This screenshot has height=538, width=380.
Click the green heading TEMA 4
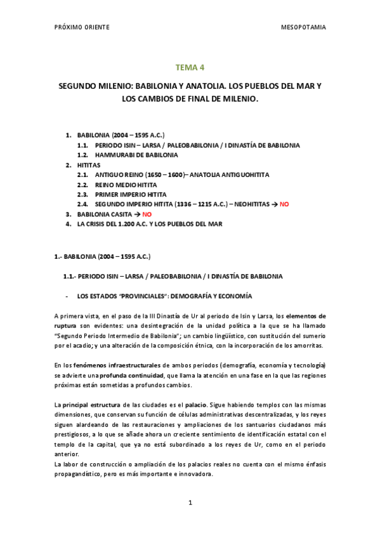(x=190, y=67)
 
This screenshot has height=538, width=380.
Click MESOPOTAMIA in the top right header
(x=303, y=27)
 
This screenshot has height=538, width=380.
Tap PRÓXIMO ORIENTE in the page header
(x=82, y=27)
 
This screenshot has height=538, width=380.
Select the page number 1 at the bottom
(x=190, y=502)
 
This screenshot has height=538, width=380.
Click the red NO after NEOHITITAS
(x=284, y=204)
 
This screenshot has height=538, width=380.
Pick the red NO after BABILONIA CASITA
(x=147, y=214)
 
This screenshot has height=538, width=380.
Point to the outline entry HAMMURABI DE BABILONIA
(x=136, y=155)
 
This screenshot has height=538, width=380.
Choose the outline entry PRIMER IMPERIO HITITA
(x=131, y=195)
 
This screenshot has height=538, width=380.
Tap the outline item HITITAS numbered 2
(x=89, y=165)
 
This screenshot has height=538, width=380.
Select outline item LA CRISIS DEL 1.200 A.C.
(x=150, y=224)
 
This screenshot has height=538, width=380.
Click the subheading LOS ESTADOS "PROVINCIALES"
(x=164, y=296)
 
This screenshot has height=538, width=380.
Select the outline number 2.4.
(x=82, y=204)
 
